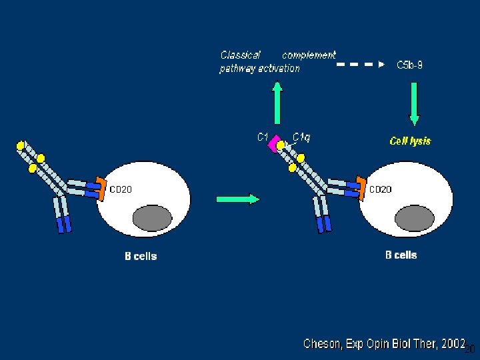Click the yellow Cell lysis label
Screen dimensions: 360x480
coord(410,141)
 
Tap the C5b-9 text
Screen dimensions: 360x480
coord(409,65)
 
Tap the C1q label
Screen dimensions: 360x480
coord(301,137)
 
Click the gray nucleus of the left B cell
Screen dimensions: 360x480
coord(153,219)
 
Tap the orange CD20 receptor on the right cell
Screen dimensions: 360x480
coord(361,187)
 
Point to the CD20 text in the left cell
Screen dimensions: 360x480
coord(121,189)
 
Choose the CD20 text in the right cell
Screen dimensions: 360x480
coord(381,189)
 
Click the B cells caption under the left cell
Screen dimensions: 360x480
coord(141,256)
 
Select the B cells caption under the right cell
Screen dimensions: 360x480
coord(401,255)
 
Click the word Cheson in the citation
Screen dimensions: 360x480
coord(324,344)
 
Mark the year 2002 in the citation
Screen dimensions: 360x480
coord(453,343)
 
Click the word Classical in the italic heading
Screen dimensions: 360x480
coord(240,55)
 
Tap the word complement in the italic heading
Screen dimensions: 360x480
coord(309,55)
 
